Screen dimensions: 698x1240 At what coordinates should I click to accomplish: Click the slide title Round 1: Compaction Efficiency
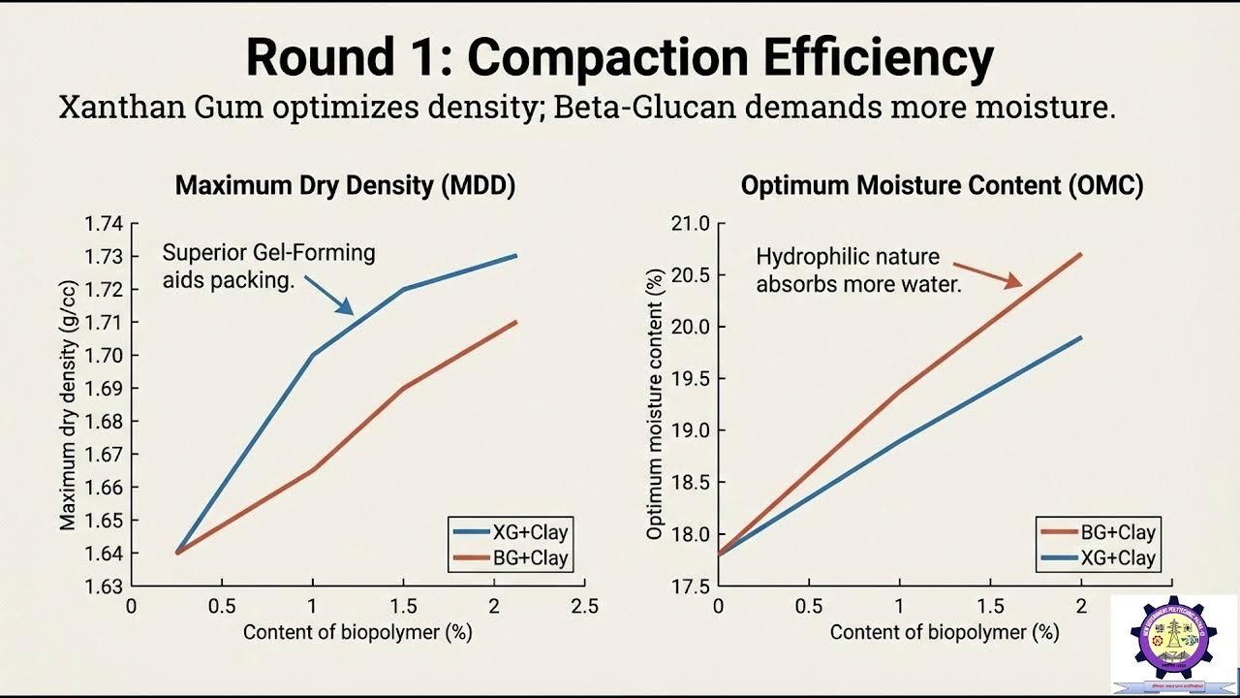point(619,58)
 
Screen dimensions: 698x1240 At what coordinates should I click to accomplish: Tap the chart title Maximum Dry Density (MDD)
point(345,186)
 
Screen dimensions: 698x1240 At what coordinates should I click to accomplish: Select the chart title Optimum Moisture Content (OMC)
point(942,186)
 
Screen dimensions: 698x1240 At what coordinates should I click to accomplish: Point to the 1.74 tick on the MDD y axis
point(104,224)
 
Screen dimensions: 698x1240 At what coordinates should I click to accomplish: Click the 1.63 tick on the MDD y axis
point(104,586)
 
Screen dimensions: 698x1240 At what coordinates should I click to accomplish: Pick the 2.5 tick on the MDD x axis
point(584,607)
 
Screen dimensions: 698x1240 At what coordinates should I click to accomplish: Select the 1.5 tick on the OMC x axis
point(989,607)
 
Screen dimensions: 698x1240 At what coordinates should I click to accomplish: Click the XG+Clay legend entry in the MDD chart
point(510,532)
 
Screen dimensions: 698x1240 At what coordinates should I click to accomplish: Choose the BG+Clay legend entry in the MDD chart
point(510,558)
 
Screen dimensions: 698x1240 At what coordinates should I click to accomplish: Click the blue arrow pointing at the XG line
point(329,295)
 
